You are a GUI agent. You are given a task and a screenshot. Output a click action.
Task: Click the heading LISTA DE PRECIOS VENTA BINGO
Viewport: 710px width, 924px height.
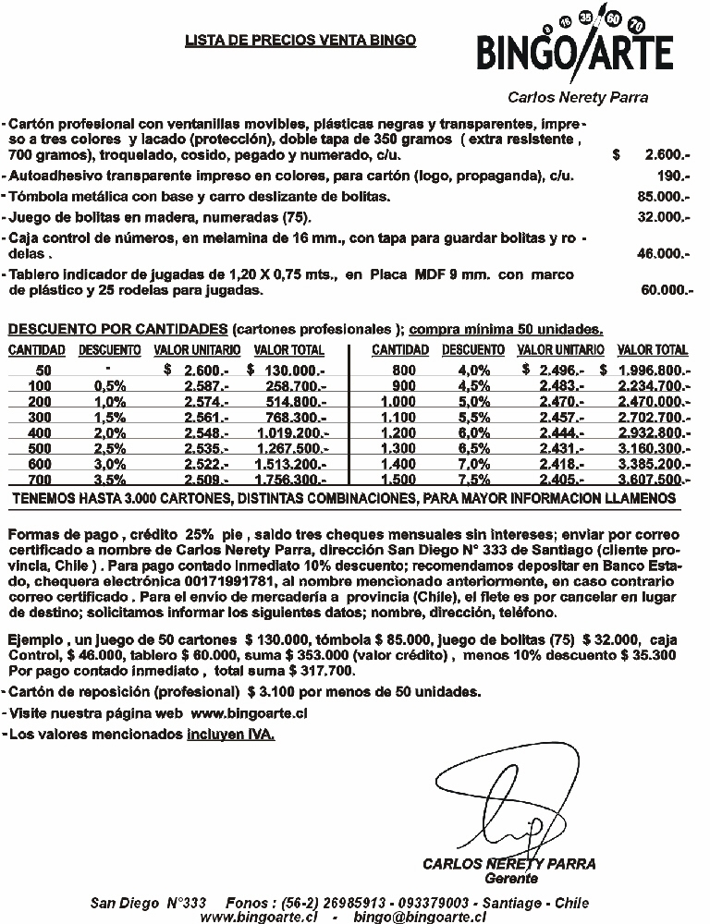(300, 40)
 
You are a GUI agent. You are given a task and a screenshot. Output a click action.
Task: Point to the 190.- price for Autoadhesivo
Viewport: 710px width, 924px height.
(674, 176)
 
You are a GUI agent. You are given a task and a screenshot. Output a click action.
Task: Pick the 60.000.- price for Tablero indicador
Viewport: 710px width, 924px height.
(667, 290)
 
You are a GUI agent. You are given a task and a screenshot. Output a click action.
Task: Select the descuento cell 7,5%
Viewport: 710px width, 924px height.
(473, 480)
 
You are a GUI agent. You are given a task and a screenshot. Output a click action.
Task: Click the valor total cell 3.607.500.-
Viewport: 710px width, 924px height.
(654, 480)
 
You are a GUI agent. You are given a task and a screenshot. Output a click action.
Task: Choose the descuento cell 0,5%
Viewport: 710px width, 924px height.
(110, 385)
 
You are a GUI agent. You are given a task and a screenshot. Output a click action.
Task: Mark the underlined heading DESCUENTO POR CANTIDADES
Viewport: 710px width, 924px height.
(116, 329)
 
